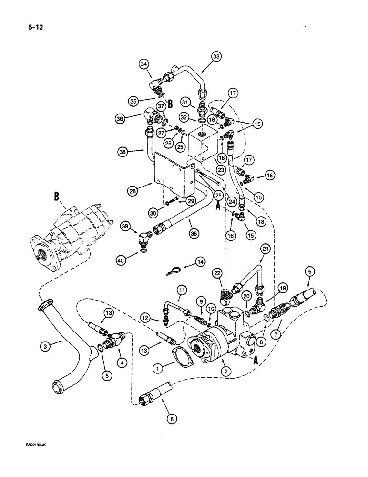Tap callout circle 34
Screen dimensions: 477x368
coord(144,63)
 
